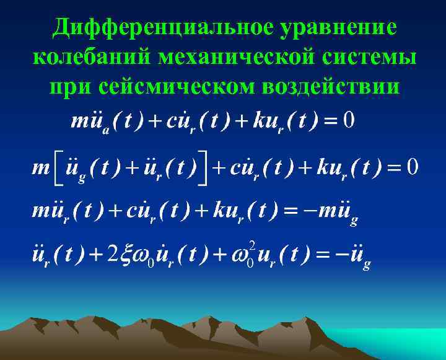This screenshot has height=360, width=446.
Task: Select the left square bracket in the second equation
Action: coord(57,167)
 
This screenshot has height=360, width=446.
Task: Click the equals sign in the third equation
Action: coord(291,211)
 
